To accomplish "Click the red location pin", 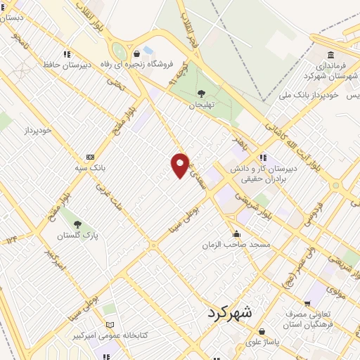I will point(181,165).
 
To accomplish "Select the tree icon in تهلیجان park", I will point(202,93).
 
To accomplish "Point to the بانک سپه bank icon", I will point(90,157).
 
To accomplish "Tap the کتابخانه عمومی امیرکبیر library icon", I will point(108,324).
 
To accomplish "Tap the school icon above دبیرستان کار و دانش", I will point(262,157).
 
